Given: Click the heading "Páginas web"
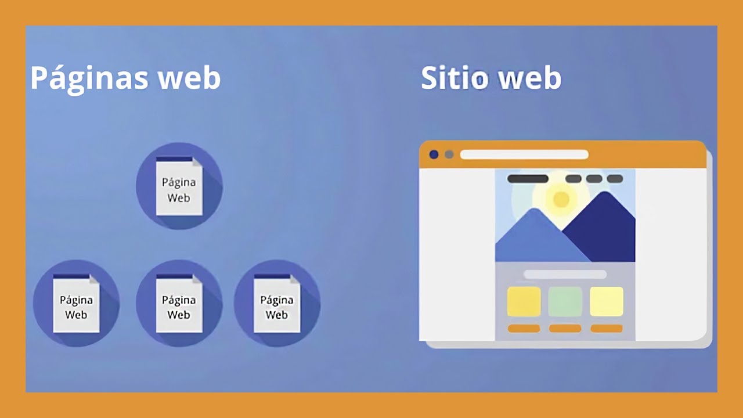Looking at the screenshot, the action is click(x=125, y=78).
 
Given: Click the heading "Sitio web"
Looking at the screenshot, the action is click(x=491, y=78).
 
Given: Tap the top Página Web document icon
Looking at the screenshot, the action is click(x=179, y=187).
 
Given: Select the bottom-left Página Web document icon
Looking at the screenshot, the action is click(x=76, y=304).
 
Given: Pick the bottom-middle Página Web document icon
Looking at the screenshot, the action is click(x=179, y=304).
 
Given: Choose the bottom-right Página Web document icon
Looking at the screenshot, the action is click(x=277, y=304).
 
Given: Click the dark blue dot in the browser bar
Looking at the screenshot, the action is click(x=434, y=154).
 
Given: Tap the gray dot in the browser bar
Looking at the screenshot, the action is click(x=449, y=154).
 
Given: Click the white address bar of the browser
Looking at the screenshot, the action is click(x=524, y=154).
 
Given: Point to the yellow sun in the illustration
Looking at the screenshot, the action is click(x=561, y=199).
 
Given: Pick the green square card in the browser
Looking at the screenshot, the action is click(x=565, y=301).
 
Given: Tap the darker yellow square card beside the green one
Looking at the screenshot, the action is click(x=524, y=301).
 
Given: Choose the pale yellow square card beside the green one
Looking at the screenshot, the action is click(x=607, y=301).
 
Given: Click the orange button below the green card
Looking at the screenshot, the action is click(x=565, y=329).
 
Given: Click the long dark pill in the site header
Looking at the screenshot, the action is click(x=528, y=179).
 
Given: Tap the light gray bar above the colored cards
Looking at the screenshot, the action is click(x=565, y=274).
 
